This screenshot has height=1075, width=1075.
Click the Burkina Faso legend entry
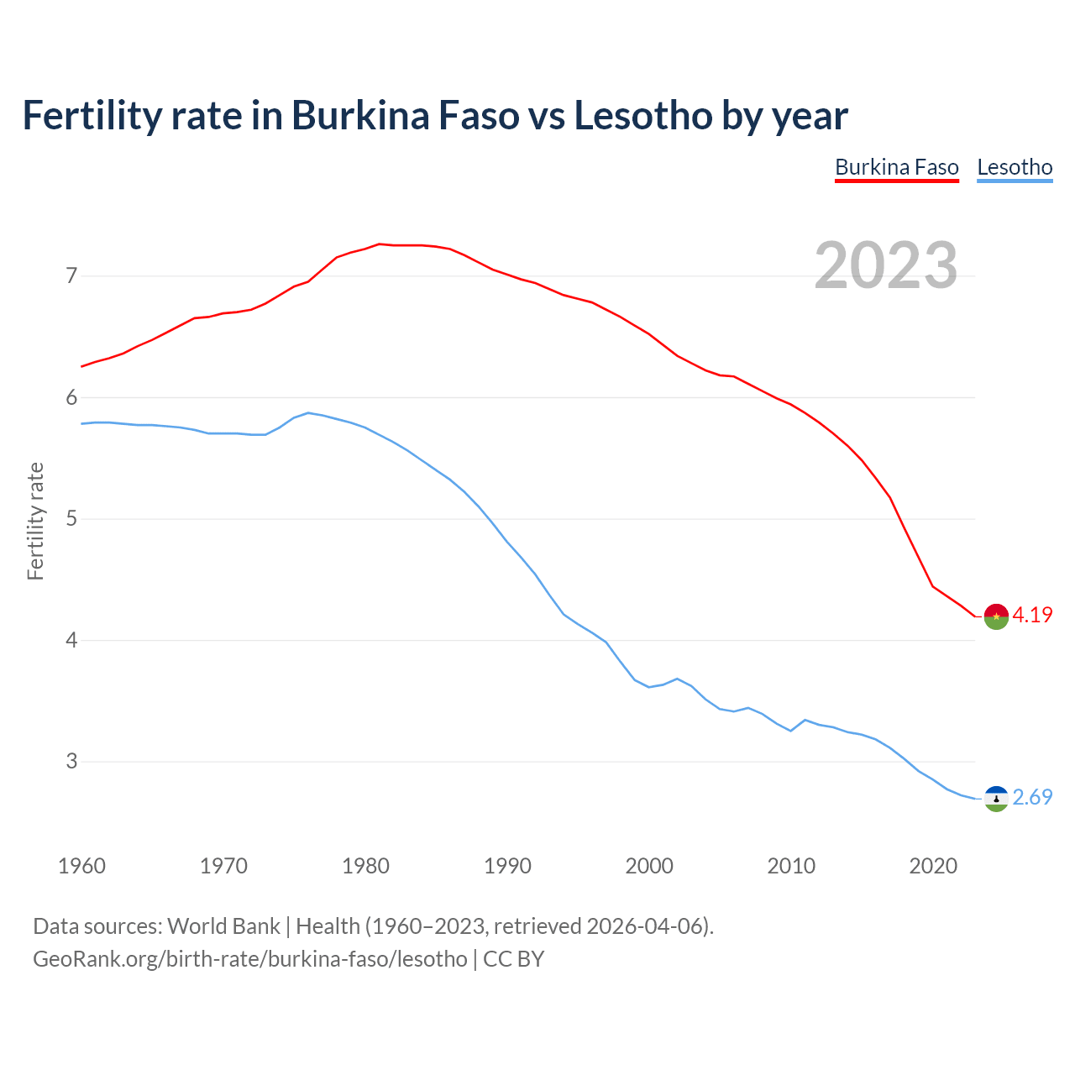click(896, 167)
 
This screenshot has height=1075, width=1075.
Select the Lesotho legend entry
click(1015, 167)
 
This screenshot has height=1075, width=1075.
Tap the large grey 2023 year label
click(885, 265)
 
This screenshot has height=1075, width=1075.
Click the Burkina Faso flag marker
click(995, 616)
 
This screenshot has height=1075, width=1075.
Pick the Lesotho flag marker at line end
click(995, 798)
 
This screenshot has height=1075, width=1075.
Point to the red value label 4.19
click(1032, 615)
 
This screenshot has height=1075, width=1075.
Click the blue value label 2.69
click(1032, 797)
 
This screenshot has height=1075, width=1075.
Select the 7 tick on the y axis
click(71, 275)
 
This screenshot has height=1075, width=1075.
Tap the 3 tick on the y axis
click(71, 761)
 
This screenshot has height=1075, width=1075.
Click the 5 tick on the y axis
click(71, 518)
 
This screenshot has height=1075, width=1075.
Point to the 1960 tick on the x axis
click(81, 866)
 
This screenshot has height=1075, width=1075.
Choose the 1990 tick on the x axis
click(507, 866)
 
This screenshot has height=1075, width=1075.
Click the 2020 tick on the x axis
click(933, 866)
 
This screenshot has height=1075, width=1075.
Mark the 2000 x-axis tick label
click(649, 866)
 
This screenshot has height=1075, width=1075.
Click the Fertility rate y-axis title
click(35, 521)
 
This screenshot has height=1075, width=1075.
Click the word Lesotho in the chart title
click(642, 115)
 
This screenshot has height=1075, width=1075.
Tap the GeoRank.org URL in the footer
click(249, 958)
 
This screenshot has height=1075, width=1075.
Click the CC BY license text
click(513, 958)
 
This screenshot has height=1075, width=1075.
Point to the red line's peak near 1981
click(379, 244)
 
